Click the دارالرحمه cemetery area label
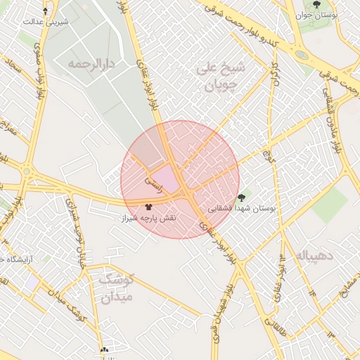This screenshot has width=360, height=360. click(91, 64)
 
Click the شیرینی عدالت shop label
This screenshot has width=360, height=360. click(46, 21)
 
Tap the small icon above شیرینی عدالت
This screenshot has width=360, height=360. click(46, 11)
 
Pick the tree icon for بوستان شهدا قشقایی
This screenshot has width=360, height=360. click(242, 198)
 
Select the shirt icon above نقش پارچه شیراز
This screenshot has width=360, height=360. click(148, 207)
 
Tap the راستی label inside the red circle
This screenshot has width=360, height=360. click(153, 184)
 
